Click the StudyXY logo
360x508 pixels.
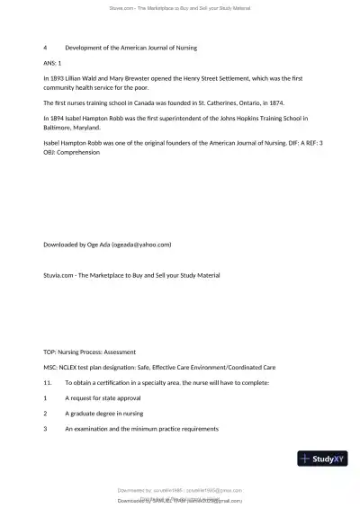coord(323,459)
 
